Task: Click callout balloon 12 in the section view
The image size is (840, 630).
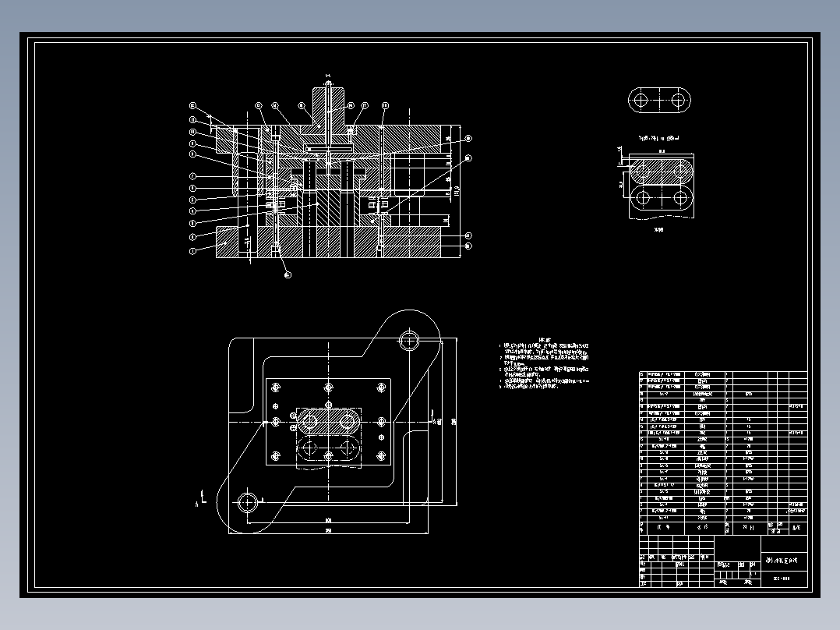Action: pos(192,105)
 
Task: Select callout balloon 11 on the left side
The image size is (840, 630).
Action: pos(192,119)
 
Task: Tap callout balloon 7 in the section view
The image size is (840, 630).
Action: pos(192,175)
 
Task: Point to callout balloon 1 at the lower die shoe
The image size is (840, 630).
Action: pos(192,251)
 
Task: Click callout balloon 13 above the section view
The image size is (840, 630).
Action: pos(259,105)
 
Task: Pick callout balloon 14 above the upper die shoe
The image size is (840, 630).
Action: pos(275,105)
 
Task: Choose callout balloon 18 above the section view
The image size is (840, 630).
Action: pos(384,105)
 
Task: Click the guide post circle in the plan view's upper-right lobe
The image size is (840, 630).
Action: pos(408,339)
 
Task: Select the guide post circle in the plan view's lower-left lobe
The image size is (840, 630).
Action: pos(249,502)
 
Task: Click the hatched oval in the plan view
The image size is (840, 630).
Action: pos(328,421)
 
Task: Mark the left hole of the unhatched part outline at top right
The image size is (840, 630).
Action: pos(641,100)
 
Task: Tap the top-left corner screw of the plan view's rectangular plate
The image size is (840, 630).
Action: pos(276,387)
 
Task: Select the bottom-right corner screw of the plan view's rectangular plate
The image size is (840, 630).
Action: pos(381,456)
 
